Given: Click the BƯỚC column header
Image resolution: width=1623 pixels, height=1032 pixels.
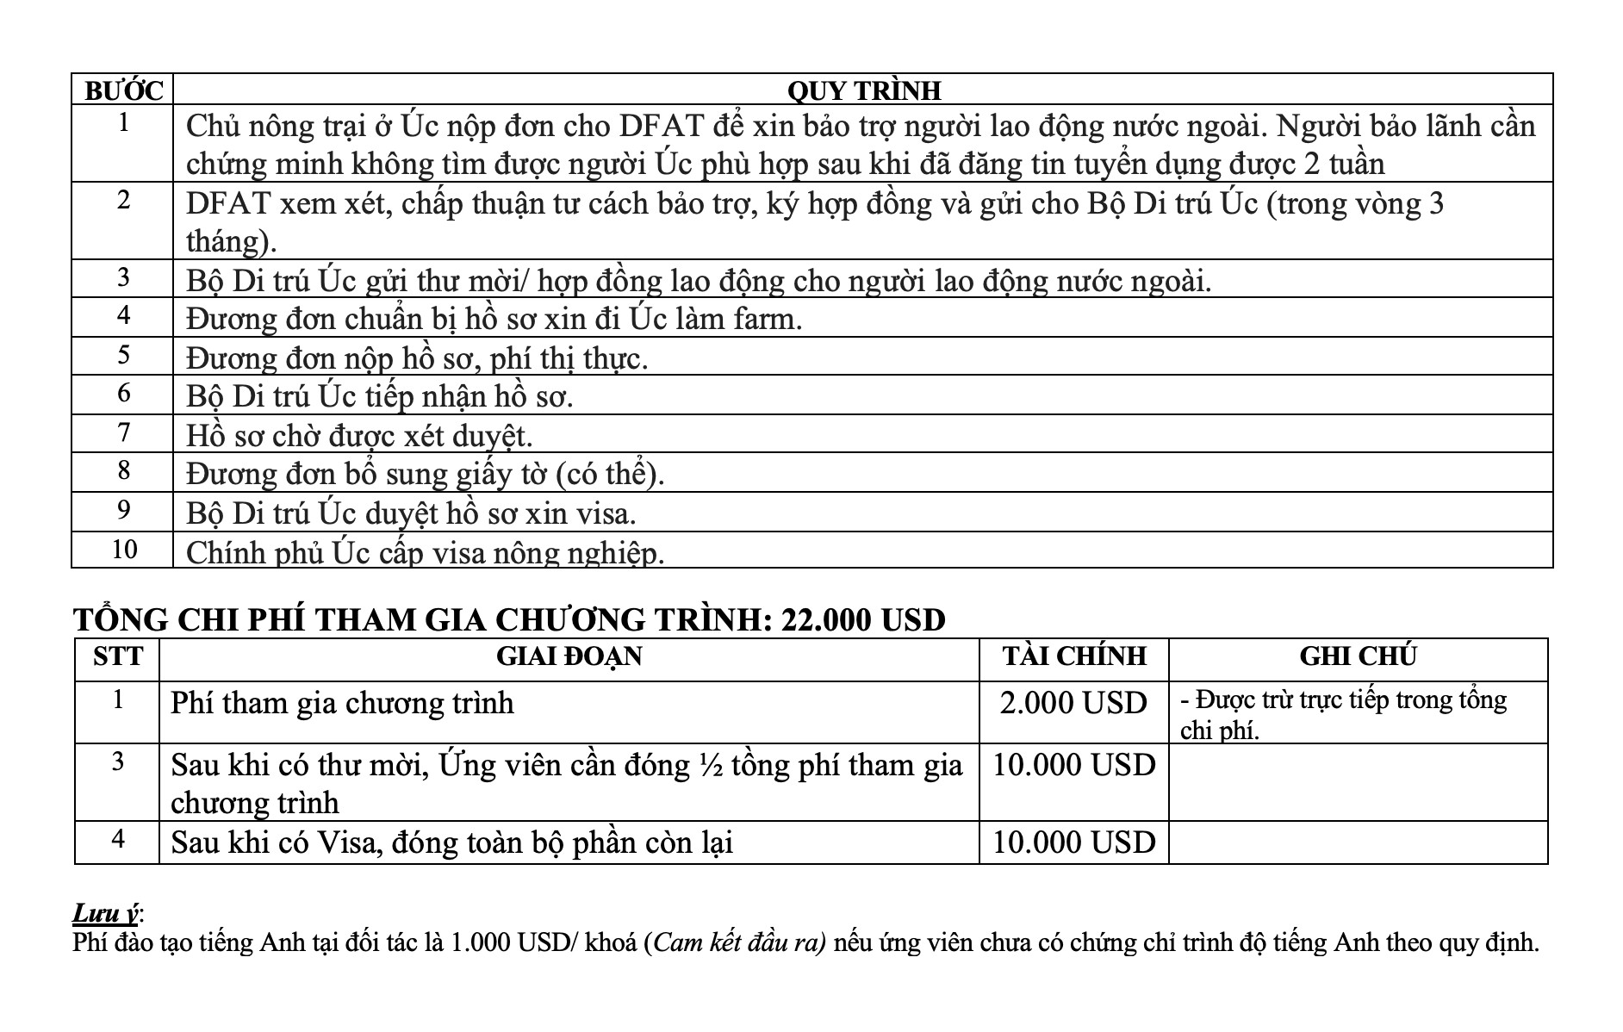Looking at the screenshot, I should click(122, 90).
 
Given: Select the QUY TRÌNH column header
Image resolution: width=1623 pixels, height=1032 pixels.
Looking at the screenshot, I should click(863, 90).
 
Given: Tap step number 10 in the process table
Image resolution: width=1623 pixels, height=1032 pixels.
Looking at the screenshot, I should click(124, 550).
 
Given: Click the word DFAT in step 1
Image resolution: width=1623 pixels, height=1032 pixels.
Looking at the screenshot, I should click(661, 127).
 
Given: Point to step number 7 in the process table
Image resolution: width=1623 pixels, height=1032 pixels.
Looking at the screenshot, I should click(124, 432).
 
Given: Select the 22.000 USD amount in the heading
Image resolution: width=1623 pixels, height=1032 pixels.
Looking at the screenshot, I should click(862, 619).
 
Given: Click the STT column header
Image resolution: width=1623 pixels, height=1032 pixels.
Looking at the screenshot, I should click(118, 656).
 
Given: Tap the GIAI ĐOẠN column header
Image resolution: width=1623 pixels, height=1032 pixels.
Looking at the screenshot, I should click(569, 656).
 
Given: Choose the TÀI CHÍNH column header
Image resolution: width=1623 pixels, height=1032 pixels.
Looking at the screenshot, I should click(1073, 656).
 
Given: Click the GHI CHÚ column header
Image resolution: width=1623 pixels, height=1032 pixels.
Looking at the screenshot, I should click(1358, 656).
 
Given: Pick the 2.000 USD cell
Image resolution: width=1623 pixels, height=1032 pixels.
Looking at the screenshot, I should click(1073, 704).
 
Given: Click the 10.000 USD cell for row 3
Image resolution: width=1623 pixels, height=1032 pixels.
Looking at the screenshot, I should click(1073, 765).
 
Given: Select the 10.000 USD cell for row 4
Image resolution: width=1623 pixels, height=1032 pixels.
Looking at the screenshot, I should click(1073, 842).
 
